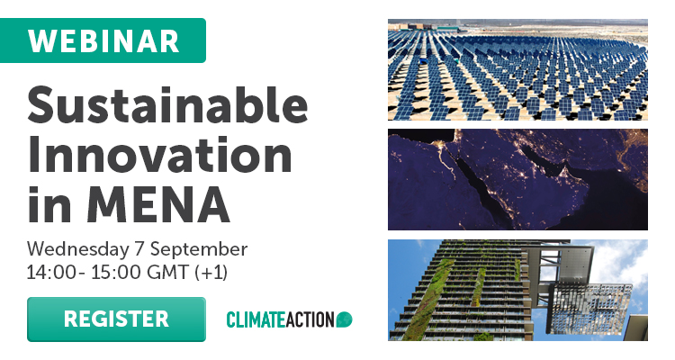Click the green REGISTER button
(x=116, y=319)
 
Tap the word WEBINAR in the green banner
(x=103, y=40)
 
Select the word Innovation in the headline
(x=160, y=156)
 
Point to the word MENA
(x=158, y=204)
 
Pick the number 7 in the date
(x=139, y=249)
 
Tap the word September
(x=199, y=250)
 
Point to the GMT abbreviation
(x=167, y=272)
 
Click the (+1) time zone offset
(x=211, y=273)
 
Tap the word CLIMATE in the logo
(x=255, y=319)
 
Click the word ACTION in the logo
(x=309, y=319)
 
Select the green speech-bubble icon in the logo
(x=345, y=319)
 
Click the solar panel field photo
(x=517, y=70)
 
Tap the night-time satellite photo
(x=517, y=180)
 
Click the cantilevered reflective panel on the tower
(x=589, y=308)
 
